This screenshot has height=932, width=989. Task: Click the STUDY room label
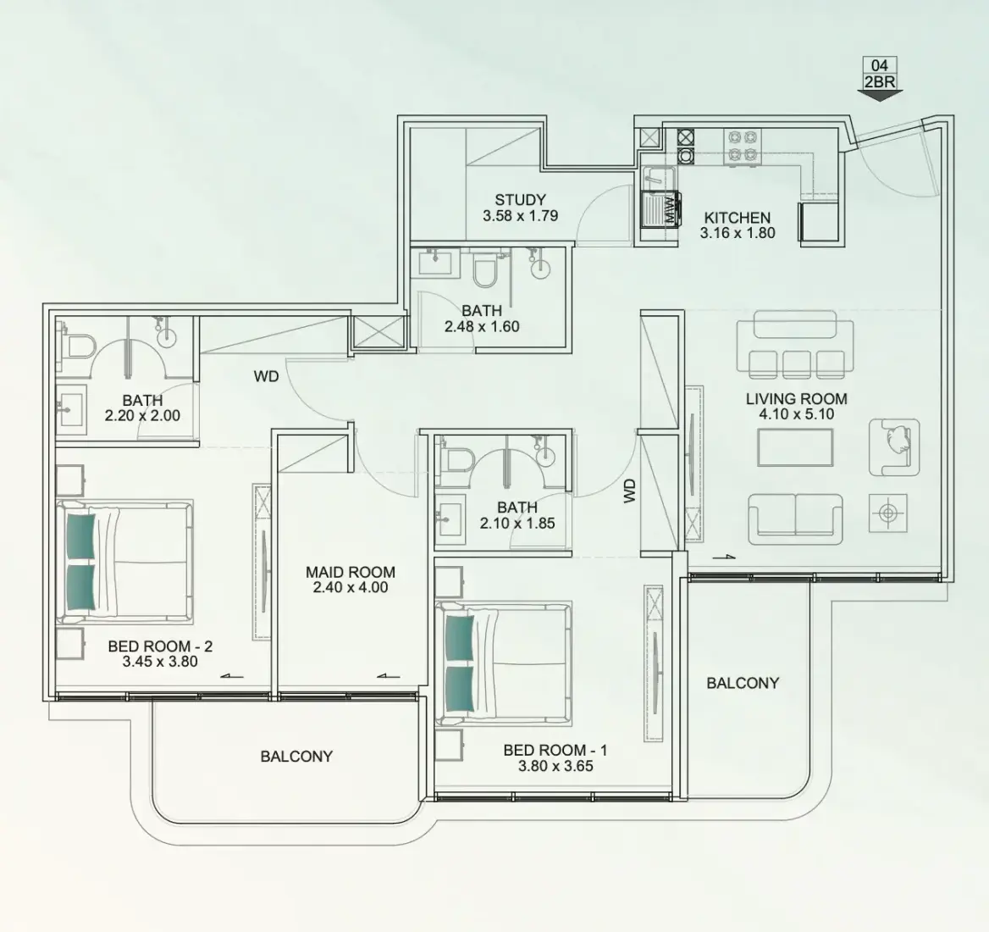(520, 200)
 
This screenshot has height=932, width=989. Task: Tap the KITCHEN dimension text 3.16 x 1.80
(738, 233)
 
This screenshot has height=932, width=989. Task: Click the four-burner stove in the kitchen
(743, 147)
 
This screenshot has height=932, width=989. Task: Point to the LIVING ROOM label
(796, 399)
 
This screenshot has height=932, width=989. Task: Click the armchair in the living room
(894, 447)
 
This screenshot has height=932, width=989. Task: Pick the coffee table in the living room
(795, 447)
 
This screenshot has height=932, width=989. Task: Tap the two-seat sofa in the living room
(795, 519)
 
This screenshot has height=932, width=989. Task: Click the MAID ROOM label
(350, 572)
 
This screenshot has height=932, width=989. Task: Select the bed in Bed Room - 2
(124, 561)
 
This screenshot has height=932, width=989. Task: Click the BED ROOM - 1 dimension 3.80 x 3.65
(555, 766)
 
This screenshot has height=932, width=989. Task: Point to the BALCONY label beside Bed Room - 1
(743, 683)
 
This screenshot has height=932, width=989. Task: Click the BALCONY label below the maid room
(296, 756)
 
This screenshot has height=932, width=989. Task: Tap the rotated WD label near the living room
(629, 491)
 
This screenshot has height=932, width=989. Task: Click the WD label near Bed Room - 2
(266, 377)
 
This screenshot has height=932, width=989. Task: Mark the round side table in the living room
(888, 513)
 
